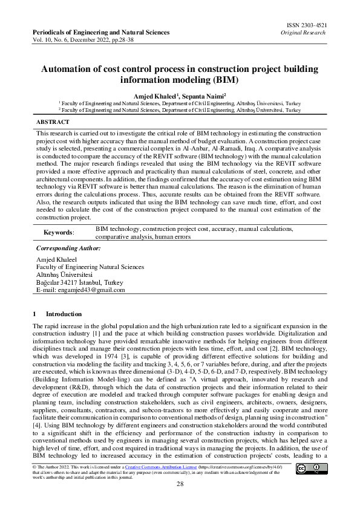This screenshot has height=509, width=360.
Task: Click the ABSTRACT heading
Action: [53, 122]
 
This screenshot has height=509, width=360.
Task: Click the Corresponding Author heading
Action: [69, 248]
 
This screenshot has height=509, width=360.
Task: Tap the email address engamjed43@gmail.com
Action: [90, 290]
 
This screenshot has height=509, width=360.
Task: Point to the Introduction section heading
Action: [64, 314]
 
